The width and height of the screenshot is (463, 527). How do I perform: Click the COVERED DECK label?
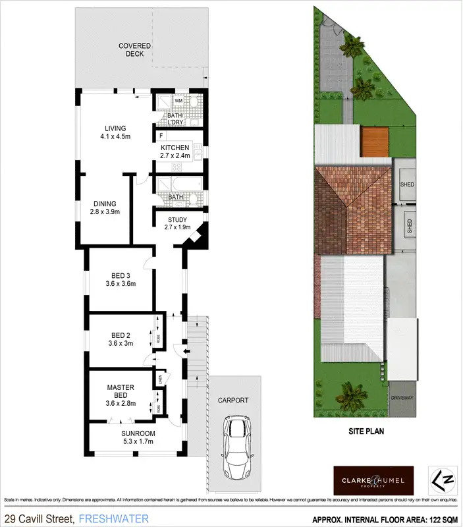point(134,49)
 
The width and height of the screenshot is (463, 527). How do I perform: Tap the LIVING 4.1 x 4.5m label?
point(115,132)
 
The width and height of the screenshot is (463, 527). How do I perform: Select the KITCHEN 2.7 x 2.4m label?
point(175,152)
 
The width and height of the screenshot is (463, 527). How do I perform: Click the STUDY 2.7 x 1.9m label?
point(177,223)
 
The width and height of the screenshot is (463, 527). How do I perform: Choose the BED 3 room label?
point(121,280)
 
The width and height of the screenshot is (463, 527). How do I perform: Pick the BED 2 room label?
point(121,339)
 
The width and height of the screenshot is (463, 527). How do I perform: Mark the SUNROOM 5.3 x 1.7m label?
point(138,437)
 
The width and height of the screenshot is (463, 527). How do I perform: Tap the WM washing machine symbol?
point(161,100)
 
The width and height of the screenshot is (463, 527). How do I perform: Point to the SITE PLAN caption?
point(366,432)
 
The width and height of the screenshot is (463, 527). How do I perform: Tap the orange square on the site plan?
point(375,142)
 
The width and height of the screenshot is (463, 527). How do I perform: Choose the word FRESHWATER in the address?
point(113,518)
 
